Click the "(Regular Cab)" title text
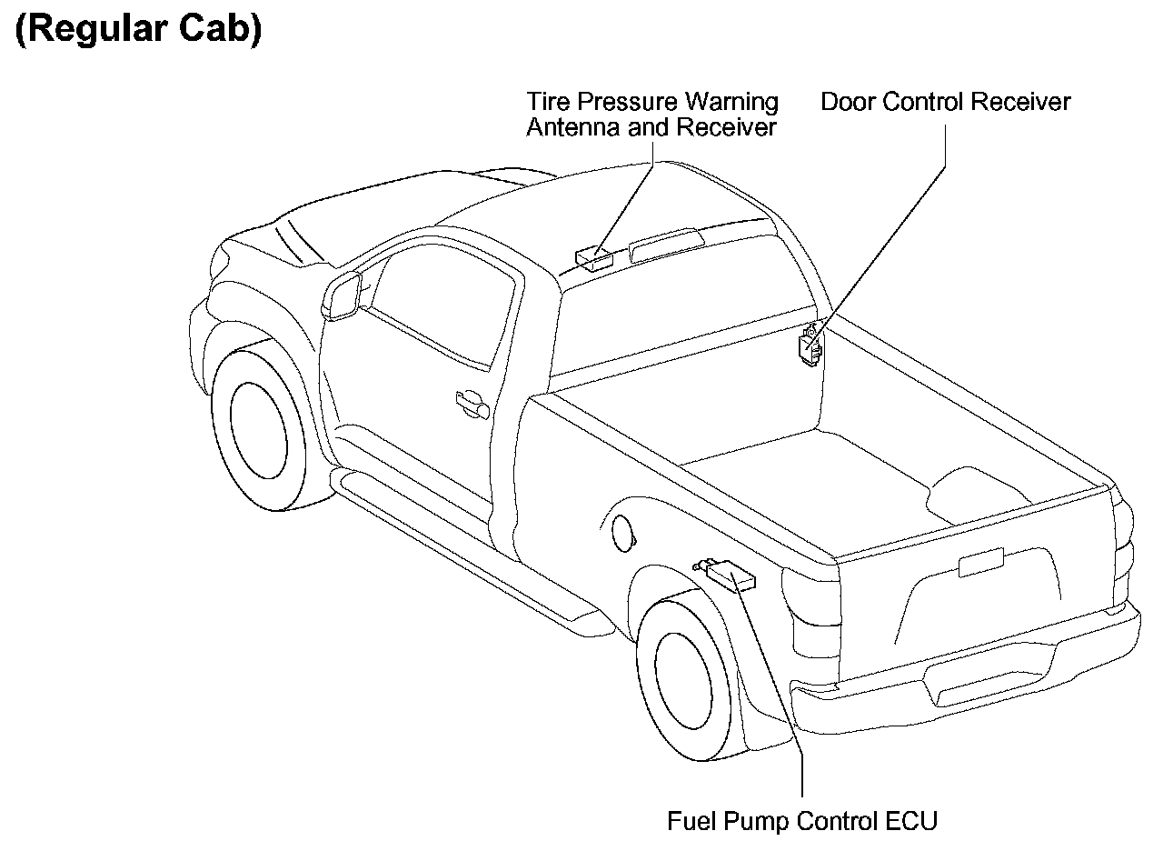click(x=138, y=29)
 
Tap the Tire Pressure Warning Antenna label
click(x=651, y=114)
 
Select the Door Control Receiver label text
click(x=945, y=101)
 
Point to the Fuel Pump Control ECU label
click(x=801, y=821)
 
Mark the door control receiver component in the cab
click(x=809, y=347)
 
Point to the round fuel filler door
click(x=622, y=532)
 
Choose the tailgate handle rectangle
click(x=981, y=563)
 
